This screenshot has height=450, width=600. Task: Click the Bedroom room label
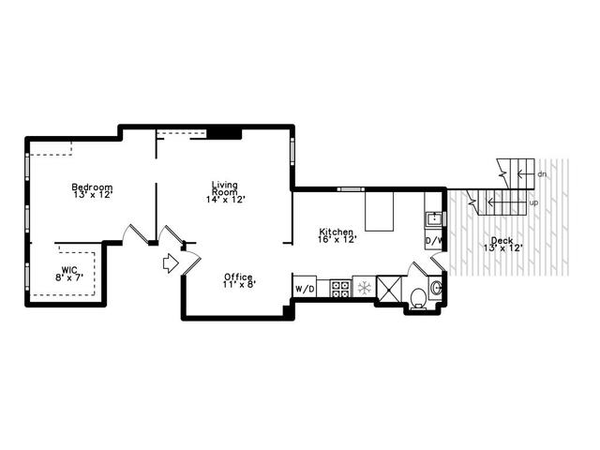[92, 187]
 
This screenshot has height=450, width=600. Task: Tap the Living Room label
[225, 188]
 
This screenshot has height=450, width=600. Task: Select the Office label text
[238, 277]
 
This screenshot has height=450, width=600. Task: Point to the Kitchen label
[337, 232]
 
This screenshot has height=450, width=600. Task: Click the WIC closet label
[69, 269]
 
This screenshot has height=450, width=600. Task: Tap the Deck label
[502, 241]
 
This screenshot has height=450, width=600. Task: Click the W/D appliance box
[305, 289]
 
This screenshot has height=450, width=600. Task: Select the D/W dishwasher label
[434, 241]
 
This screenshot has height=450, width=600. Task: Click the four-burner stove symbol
[340, 289]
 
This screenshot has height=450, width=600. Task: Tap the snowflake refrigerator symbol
[365, 288]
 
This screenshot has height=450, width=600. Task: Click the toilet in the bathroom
[418, 298]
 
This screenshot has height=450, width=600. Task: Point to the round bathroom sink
[436, 287]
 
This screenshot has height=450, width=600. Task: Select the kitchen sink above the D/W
[434, 219]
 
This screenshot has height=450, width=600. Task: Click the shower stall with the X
[390, 289]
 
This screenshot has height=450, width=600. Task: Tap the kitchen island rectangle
[379, 211]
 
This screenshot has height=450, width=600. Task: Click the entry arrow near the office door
[171, 263]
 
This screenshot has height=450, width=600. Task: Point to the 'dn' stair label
[542, 174]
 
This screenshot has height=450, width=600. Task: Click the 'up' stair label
[533, 202]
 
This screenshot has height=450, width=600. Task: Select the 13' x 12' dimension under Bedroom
[93, 194]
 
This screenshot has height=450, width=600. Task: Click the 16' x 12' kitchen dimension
[337, 239]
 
